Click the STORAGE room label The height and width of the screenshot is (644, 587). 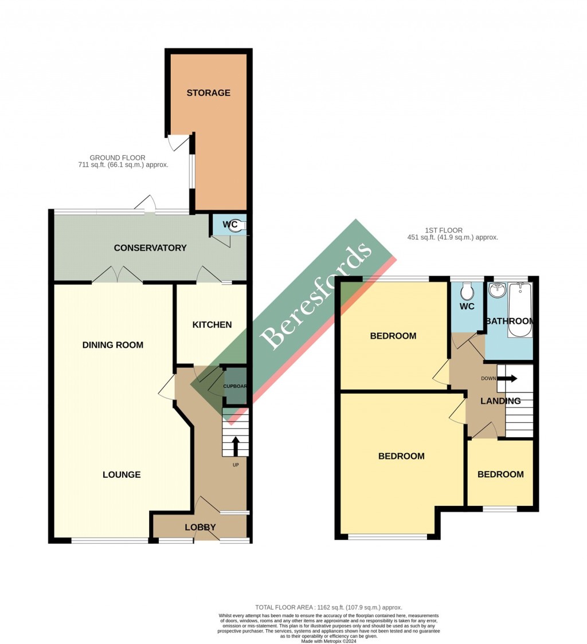(208, 93)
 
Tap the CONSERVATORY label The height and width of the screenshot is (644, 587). (150, 248)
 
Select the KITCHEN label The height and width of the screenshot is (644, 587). (212, 325)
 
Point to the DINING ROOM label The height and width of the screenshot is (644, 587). (113, 345)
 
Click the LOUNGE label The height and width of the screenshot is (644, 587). (122, 474)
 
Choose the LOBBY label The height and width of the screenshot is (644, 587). (200, 527)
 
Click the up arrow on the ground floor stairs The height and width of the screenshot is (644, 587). (235, 445)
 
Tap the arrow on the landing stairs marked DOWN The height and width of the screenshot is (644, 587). (508, 378)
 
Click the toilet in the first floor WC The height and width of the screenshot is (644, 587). (468, 292)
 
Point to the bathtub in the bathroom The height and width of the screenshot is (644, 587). (521, 309)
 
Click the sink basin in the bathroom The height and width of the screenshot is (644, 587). (495, 290)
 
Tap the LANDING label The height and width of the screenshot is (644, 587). (500, 401)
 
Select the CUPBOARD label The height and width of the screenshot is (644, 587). (234, 386)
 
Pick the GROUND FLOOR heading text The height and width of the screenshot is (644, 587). (118, 158)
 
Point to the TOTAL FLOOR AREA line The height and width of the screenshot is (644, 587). (328, 607)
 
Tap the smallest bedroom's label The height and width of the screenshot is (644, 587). (500, 474)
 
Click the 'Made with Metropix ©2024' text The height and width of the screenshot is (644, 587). (328, 641)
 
